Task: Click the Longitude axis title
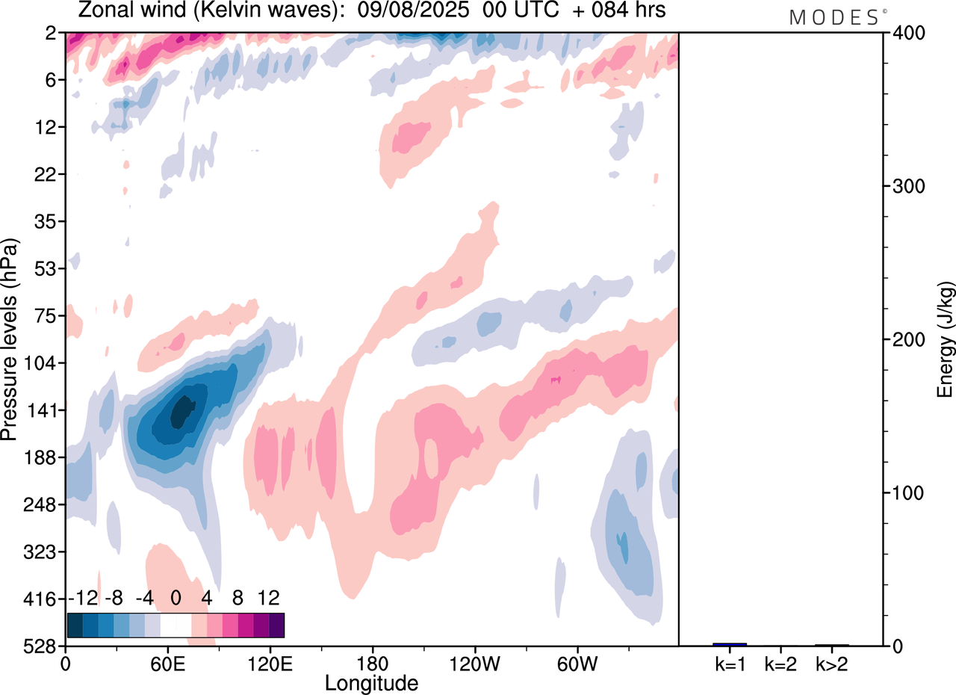pyautogui.click(x=371, y=682)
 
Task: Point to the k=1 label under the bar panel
pyautogui.click(x=730, y=663)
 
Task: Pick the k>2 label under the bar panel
pyautogui.click(x=832, y=663)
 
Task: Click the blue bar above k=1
pyautogui.click(x=730, y=644)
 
